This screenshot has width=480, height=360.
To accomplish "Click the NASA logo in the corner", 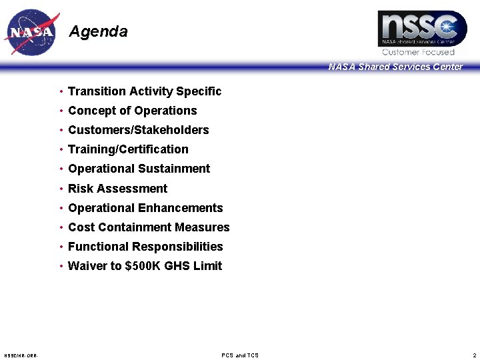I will pos(31,33).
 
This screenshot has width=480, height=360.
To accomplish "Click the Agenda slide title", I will pos(98,31).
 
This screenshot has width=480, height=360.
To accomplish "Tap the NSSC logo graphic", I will pos(422,29).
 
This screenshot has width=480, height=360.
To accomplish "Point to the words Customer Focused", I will pos(418,52).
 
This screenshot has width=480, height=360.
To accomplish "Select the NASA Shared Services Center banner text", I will pos(395,67).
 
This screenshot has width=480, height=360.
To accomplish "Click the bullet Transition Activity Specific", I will pos(145,91).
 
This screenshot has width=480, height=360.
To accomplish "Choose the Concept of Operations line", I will pos(133,111).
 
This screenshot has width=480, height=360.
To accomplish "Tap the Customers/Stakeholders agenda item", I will pos(139,130).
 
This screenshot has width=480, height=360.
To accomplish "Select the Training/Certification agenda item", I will pos(128,149).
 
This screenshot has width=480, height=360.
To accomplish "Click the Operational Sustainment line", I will pos(139,169).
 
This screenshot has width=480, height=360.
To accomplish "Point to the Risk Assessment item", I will pos(117,189).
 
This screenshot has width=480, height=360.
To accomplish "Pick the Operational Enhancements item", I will pos(145,208).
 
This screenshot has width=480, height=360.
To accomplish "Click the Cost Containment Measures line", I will pos(149,227).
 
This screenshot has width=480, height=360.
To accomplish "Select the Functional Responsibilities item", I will pos(145,247).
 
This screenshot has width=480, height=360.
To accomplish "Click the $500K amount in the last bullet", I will pos(143,266).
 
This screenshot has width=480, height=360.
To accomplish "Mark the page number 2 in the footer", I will pos(473,355).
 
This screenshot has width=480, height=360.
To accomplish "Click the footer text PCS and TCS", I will pos(240,355).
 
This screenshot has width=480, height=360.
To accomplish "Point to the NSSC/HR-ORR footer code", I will pos(21,355).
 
